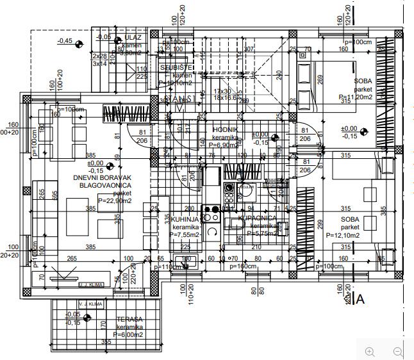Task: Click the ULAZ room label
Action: pos(134,38)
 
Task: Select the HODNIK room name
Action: pos(226,129)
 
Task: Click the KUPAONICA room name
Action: pos(257,218)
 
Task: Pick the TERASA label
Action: pos(129,319)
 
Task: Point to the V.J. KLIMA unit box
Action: pos(90,304)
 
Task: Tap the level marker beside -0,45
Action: pos(79,44)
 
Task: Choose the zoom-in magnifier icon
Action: pos(369,351)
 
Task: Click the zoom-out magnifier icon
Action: pos(397,351)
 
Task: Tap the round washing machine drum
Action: pos(245,190)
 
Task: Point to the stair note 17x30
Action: pos(222,92)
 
